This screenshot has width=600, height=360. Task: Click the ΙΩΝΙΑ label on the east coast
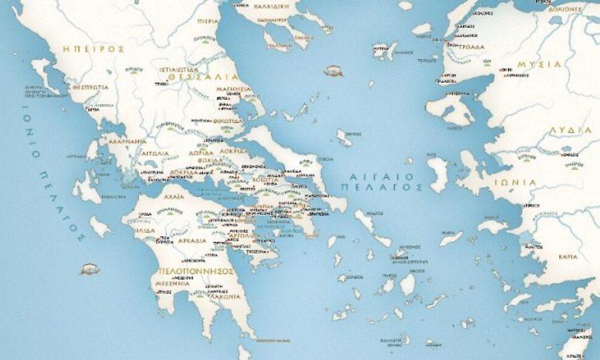pyautogui.click(x=515, y=181)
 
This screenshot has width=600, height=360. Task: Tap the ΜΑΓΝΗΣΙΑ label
pyautogui.click(x=233, y=88)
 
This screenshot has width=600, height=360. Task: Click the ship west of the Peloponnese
pyautogui.click(x=89, y=269)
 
